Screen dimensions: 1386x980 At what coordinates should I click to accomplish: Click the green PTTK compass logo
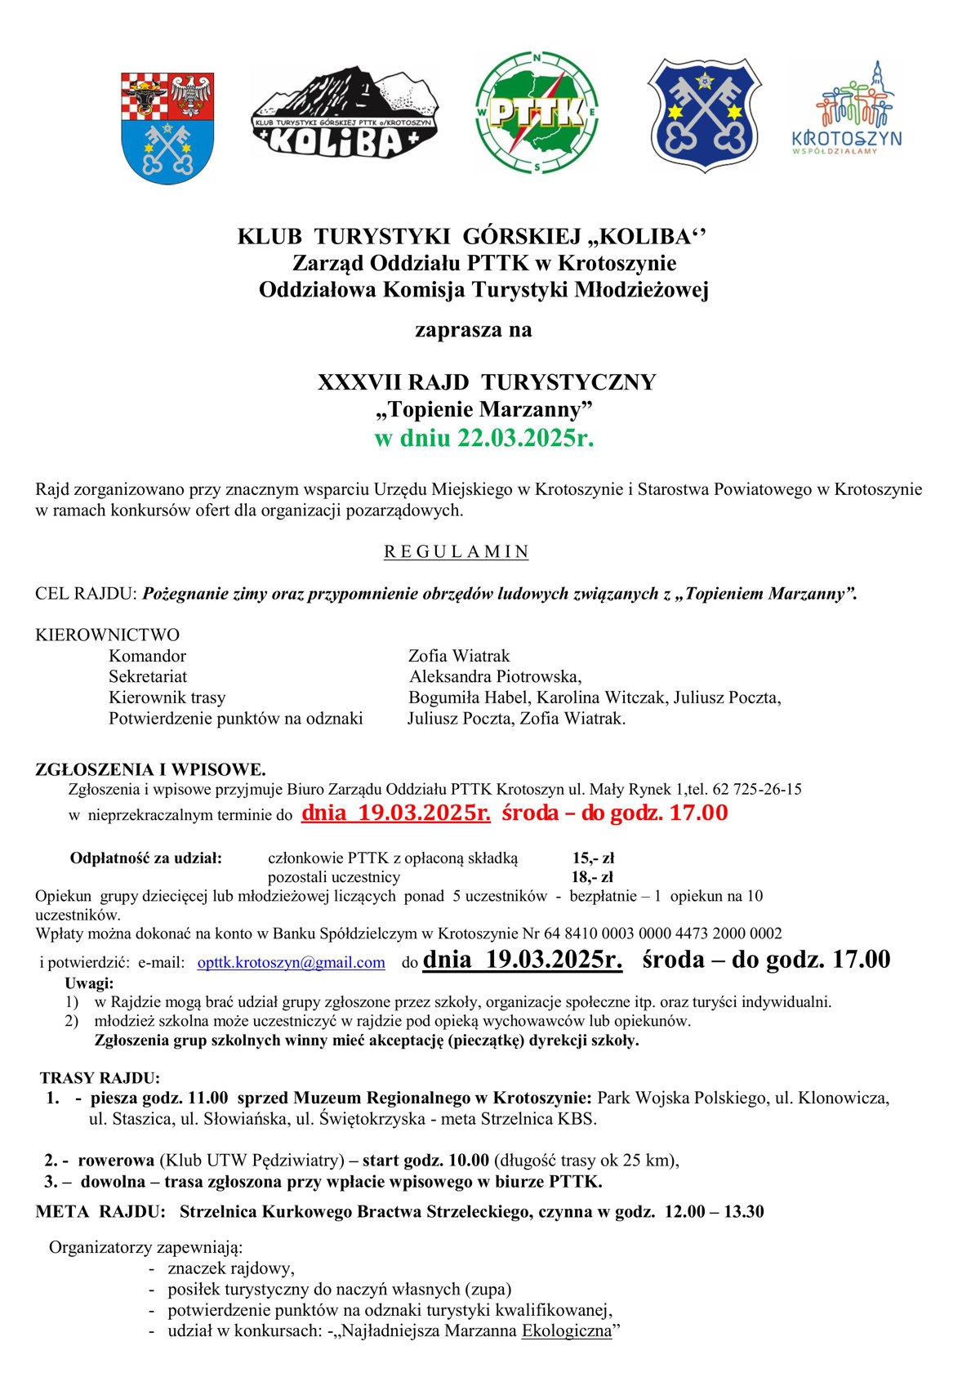[537, 114]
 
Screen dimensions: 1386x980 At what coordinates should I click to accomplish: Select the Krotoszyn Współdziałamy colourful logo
[846, 109]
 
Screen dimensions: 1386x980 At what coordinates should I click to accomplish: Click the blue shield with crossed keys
[705, 114]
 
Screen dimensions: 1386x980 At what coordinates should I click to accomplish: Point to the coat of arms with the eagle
[167, 127]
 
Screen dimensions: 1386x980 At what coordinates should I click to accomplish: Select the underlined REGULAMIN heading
[457, 552]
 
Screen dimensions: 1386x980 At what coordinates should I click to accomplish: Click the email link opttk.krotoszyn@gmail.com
[291, 963]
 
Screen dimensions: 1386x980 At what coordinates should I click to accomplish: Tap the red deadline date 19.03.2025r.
[396, 813]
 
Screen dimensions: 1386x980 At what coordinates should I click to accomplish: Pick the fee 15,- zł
[593, 858]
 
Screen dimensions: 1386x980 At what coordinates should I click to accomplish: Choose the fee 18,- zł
[592, 877]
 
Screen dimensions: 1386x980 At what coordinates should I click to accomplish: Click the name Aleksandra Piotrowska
[495, 677]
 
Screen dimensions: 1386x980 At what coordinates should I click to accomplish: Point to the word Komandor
[147, 656]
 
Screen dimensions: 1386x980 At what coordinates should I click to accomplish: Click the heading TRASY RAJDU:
[100, 1078]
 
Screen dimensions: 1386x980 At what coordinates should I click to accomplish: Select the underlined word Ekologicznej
[567, 1331]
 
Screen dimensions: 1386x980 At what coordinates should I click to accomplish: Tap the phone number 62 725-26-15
[757, 790]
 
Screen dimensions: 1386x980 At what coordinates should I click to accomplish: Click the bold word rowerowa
[116, 1161]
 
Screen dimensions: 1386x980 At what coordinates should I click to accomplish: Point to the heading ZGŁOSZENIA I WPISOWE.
[150, 769]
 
